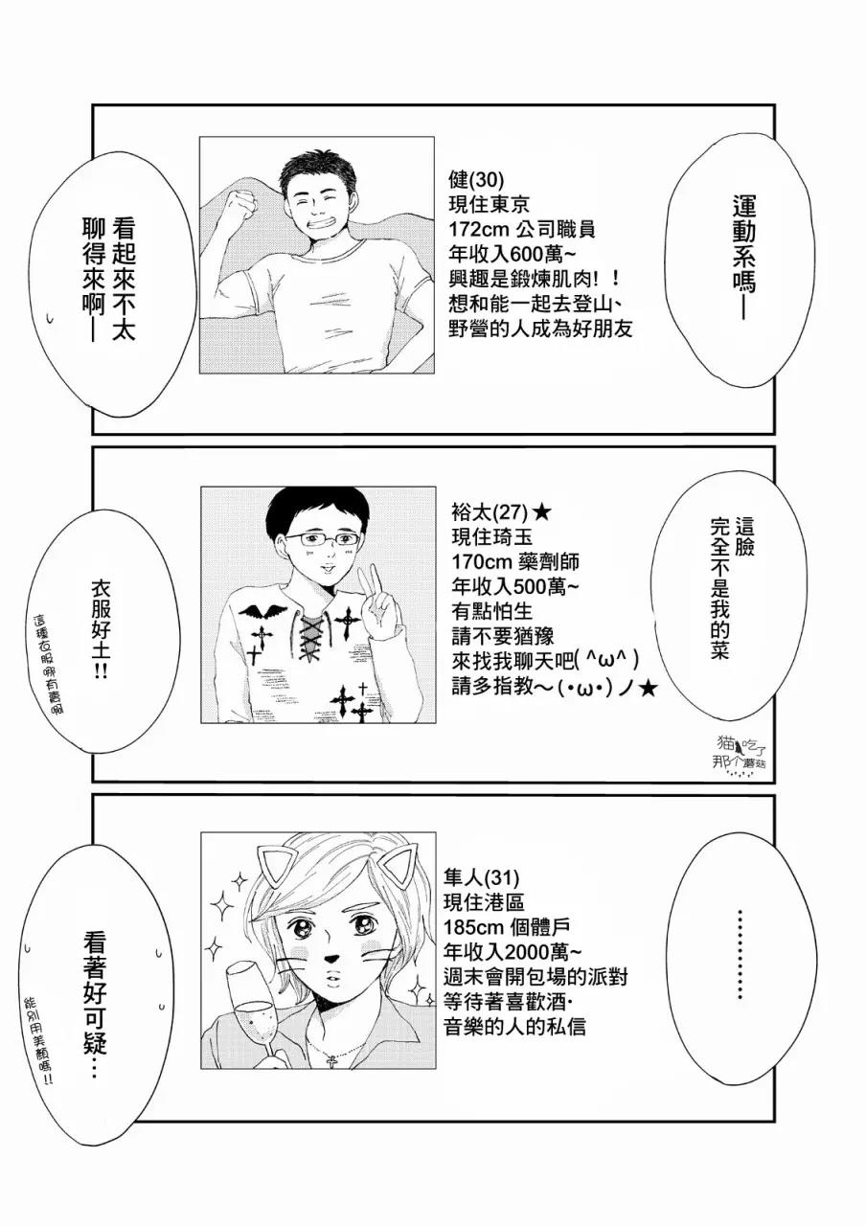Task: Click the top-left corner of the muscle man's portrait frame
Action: pyautogui.click(x=199, y=137)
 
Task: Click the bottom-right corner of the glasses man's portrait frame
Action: pyautogui.click(x=436, y=722)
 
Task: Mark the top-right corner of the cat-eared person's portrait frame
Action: pyautogui.click(x=436, y=832)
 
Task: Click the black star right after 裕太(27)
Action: pyautogui.click(x=541, y=512)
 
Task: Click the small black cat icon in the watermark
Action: pyautogui.click(x=739, y=746)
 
